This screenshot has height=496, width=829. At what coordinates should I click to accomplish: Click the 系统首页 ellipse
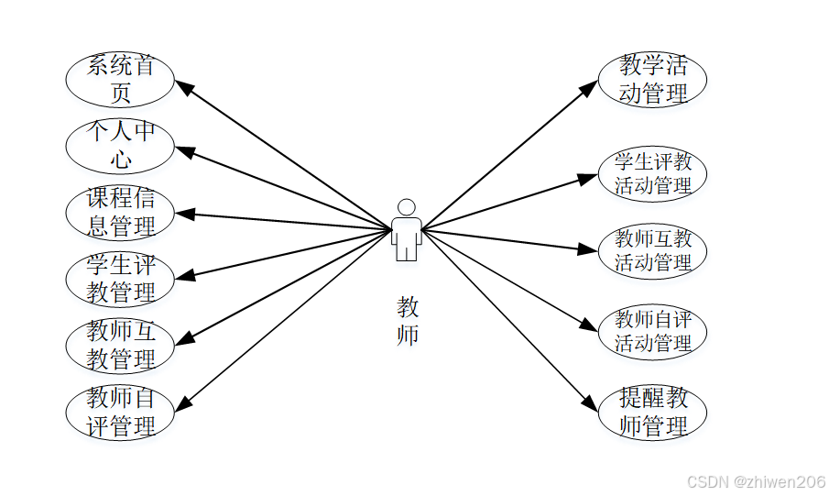pyautogui.click(x=120, y=79)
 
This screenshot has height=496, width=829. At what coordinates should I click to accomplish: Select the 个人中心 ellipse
pyautogui.click(x=120, y=146)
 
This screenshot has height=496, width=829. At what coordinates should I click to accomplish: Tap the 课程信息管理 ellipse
pyautogui.click(x=120, y=213)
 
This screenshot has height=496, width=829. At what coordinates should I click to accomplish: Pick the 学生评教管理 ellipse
pyautogui.click(x=120, y=280)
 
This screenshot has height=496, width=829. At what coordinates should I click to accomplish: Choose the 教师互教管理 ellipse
pyautogui.click(x=120, y=346)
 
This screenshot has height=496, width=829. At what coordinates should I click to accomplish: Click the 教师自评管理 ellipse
pyautogui.click(x=120, y=413)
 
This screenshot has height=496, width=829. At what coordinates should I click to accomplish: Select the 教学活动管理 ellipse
pyautogui.click(x=652, y=79)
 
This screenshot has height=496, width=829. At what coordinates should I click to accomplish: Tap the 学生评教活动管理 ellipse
pyautogui.click(x=652, y=173)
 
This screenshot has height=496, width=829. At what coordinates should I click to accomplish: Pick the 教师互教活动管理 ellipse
pyautogui.click(x=652, y=251)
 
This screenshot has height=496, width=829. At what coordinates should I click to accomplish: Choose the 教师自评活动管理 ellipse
pyautogui.click(x=652, y=332)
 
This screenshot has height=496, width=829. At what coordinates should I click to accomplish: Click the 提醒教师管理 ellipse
pyautogui.click(x=652, y=413)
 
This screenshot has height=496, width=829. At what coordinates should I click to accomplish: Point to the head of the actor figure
pyautogui.click(x=407, y=207)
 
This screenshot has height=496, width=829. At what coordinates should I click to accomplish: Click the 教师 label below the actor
pyautogui.click(x=408, y=321)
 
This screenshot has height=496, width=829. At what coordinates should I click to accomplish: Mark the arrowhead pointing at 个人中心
pyautogui.click(x=182, y=150)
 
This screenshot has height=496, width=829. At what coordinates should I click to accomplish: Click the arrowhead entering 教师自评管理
pyautogui.click(x=182, y=405)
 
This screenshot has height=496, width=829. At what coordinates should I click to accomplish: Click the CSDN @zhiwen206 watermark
pyautogui.click(x=756, y=481)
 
